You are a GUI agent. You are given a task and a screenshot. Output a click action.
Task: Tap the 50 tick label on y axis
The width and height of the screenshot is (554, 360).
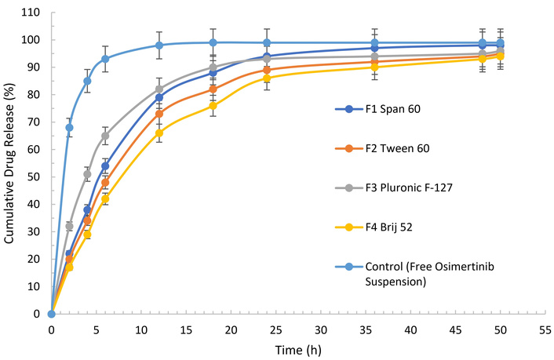coord(35,176)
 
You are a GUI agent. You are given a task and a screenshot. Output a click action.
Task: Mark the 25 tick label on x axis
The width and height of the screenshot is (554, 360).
coord(276,329)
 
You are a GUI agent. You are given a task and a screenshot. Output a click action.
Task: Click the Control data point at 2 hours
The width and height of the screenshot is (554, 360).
coord(69,127)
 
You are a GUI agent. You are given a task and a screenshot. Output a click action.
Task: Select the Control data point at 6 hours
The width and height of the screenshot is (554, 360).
coord(105,59)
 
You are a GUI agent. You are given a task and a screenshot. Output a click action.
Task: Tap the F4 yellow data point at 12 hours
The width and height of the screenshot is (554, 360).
coord(159,133)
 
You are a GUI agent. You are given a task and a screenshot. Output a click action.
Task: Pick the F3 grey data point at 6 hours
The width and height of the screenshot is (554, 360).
coord(105,136)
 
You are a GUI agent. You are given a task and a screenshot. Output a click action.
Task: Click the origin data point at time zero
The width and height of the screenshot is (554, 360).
coord(52,314)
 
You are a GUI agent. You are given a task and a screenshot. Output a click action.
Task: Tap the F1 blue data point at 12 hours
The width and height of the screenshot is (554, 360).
coord(159,97)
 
